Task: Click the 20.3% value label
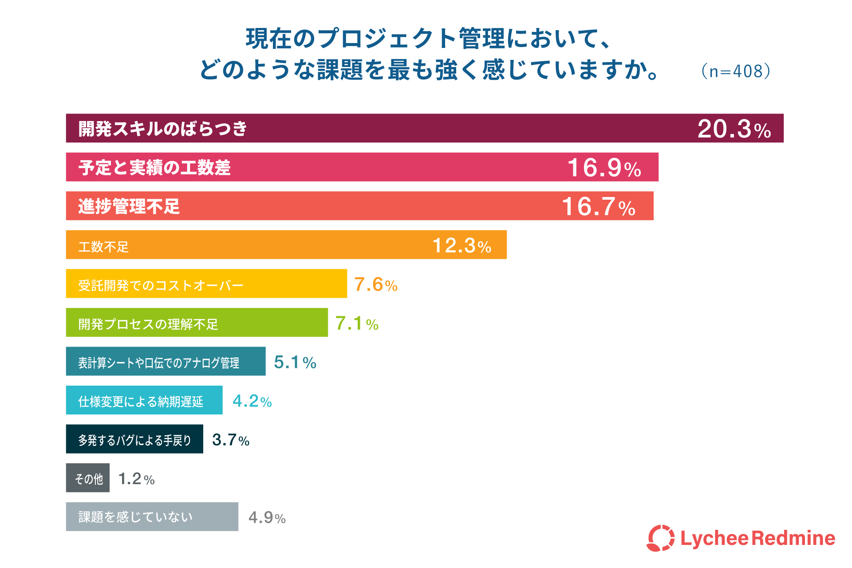pos(734,129)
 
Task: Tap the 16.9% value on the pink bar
pos(604,168)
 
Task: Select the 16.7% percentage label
pos(598,207)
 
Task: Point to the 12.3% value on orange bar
pos(461,246)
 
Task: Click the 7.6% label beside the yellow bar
pos(375,284)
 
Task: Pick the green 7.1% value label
pos(357,323)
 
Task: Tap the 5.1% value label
pos(295,362)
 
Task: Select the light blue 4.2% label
pos(252,401)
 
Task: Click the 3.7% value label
pos(231,440)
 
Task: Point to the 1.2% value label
pos(136,479)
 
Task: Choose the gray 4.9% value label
pos(267,517)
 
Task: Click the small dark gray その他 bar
pos(88,478)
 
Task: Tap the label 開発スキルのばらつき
pos(162,129)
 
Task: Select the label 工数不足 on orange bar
pos(103,247)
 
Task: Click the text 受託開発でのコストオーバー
pos(161,285)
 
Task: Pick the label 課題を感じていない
pos(135,517)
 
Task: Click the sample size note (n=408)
pos(735,71)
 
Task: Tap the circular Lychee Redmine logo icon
pos(660,538)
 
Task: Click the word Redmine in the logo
pos(793,538)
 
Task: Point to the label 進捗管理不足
pos(129,207)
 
